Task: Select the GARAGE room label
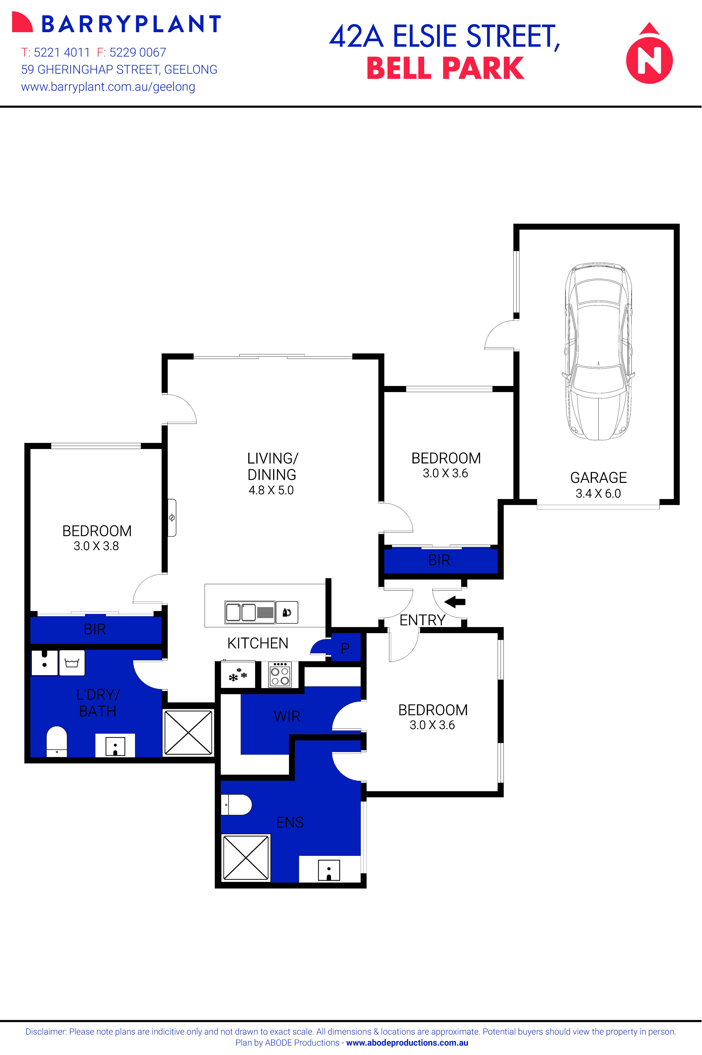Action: click(x=598, y=478)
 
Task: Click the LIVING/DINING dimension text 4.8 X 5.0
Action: click(x=271, y=490)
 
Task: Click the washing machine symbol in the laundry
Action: click(x=72, y=662)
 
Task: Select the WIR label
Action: click(x=287, y=716)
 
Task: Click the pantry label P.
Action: click(x=346, y=649)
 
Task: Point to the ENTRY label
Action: click(x=422, y=620)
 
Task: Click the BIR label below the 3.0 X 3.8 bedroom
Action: click(x=95, y=629)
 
